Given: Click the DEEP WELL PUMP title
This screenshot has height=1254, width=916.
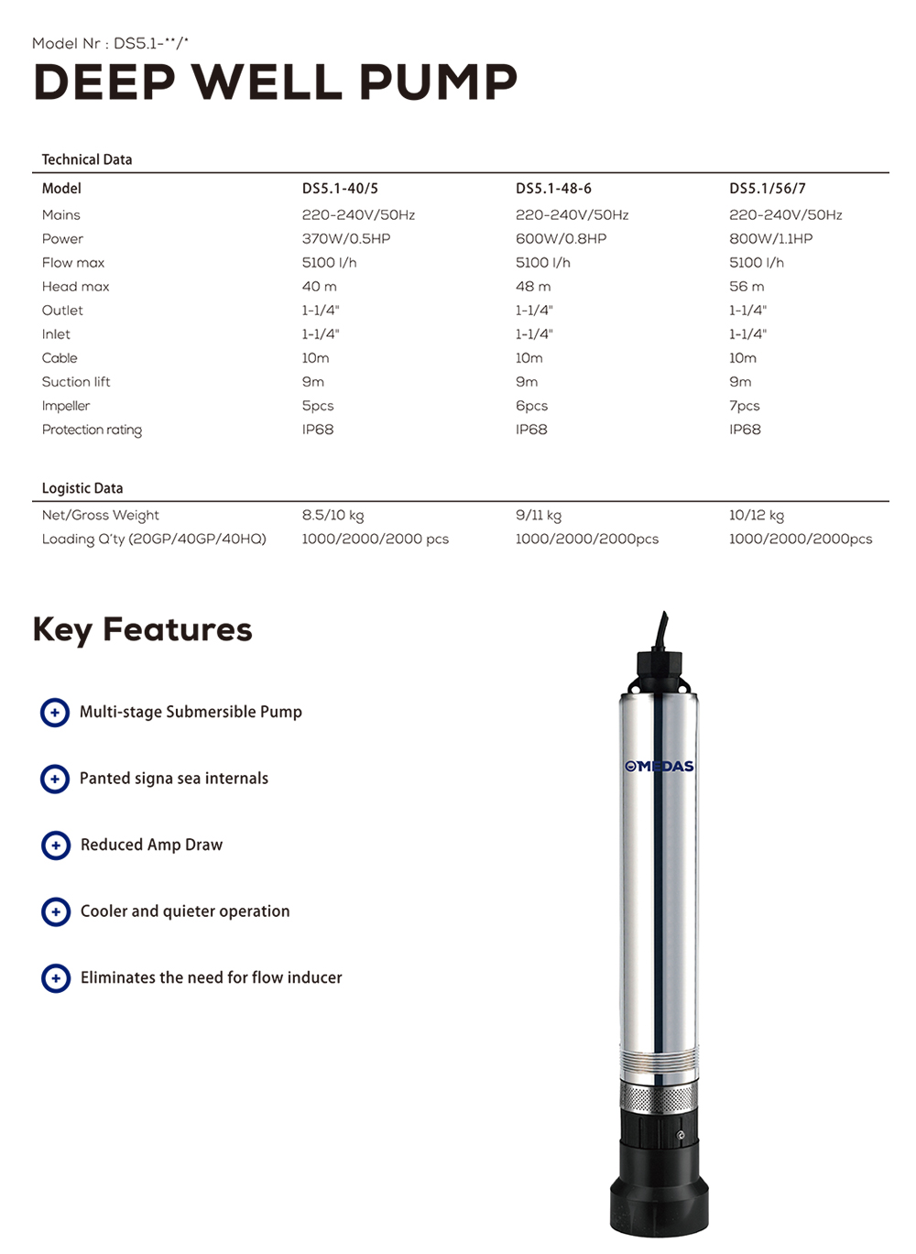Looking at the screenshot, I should [275, 82].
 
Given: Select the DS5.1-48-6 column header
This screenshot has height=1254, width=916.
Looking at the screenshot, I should [553, 189].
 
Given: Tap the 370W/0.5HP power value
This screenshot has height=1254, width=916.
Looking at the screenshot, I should [345, 239].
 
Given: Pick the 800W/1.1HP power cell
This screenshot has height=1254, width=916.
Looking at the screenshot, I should [770, 239].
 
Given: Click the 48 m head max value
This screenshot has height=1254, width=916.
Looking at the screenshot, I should [533, 287].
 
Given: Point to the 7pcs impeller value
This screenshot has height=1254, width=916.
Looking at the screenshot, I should [744, 406].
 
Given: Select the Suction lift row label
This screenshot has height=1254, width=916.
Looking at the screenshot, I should [76, 382].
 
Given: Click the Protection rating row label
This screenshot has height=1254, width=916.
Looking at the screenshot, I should [92, 430].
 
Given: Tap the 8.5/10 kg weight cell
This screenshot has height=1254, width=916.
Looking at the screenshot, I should [333, 516].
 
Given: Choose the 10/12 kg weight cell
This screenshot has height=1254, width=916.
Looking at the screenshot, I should [756, 516].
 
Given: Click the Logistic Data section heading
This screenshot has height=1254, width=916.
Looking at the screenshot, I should [82, 488].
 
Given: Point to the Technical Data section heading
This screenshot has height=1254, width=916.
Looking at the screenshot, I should [87, 159].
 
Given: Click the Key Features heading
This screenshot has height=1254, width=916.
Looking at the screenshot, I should [142, 630].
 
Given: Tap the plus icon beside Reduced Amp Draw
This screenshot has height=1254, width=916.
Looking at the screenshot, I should [56, 845].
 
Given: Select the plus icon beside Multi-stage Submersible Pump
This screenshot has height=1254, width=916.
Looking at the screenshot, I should [55, 712].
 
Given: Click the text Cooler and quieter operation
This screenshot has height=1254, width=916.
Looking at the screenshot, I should [185, 911].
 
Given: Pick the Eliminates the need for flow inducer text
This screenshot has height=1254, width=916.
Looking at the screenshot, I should [211, 977].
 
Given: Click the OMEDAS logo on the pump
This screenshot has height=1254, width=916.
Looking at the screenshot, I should [660, 766].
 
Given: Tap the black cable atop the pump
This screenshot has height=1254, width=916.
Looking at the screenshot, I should [662, 632].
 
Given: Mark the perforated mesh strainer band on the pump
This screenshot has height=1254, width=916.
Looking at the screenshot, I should [658, 1096].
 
